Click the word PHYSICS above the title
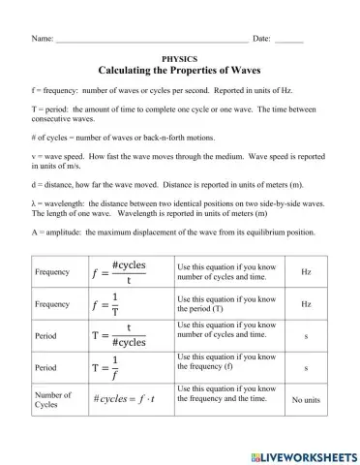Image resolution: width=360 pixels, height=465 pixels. (x=180, y=59)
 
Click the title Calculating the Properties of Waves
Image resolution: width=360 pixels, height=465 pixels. (x=180, y=72)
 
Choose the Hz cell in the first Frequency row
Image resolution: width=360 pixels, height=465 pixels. (x=306, y=273)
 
